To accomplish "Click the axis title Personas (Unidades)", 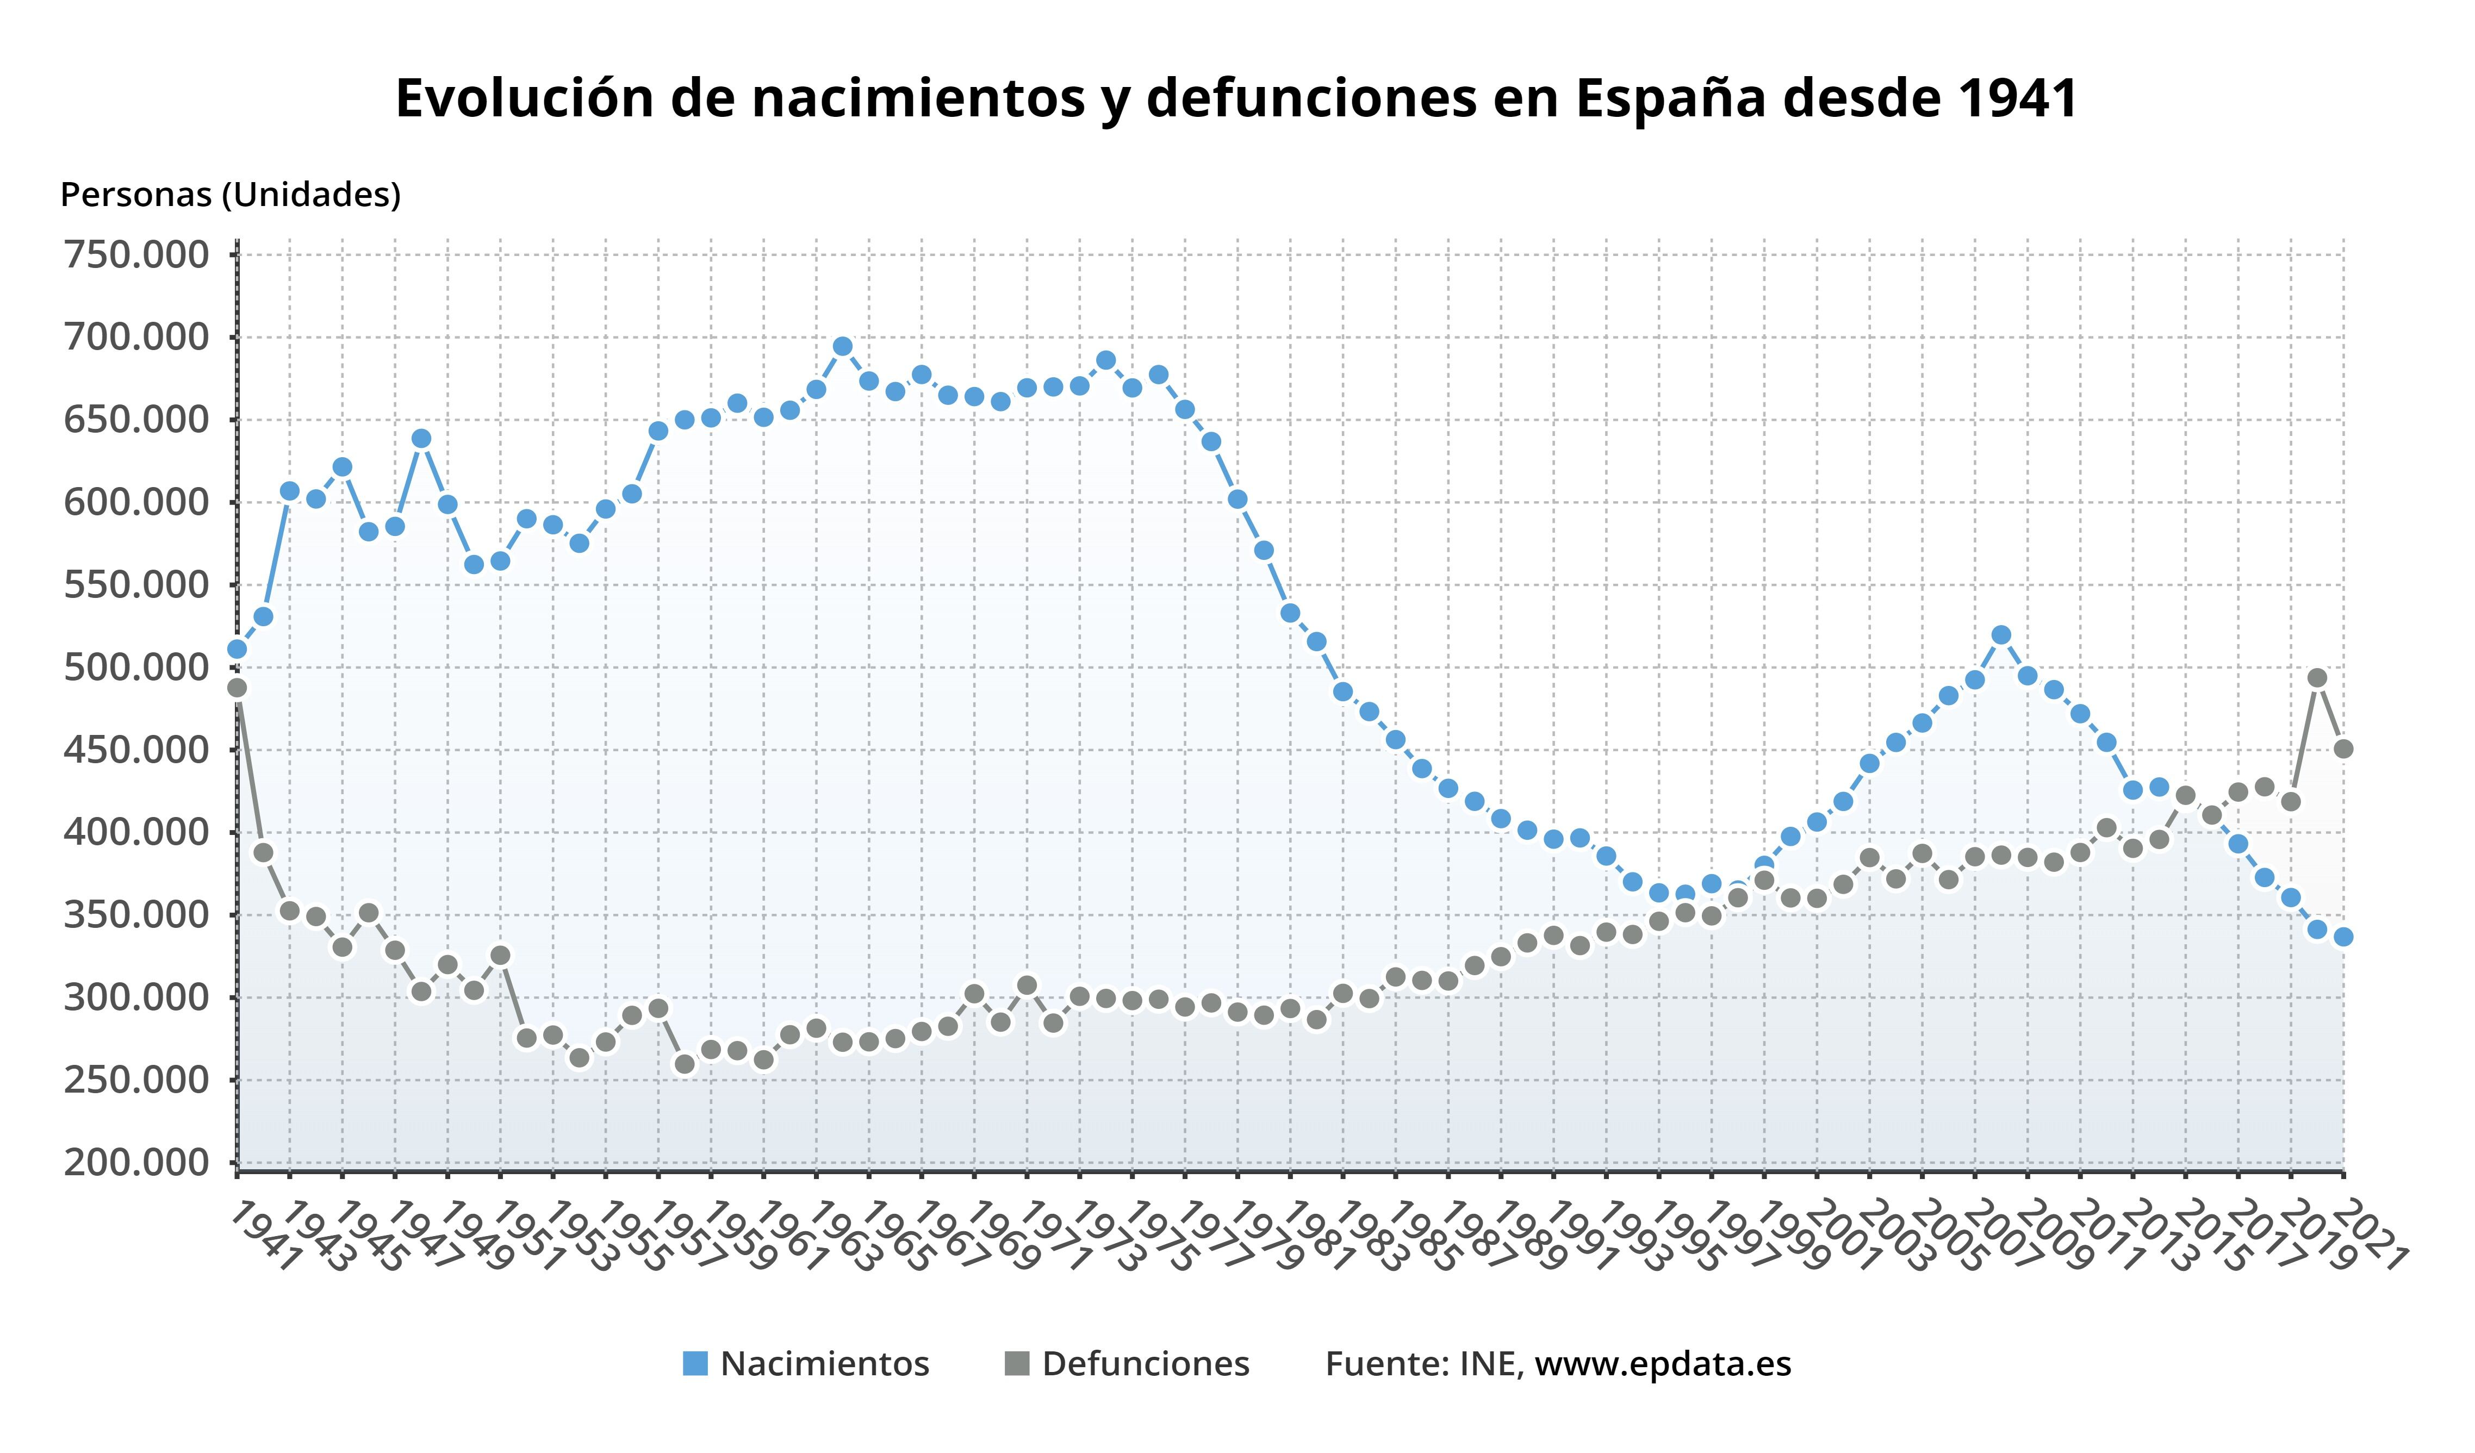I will click(x=231, y=195).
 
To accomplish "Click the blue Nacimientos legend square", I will click(x=695, y=1364).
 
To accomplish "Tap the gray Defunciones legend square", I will click(x=1017, y=1364).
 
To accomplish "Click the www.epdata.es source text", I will click(x=1663, y=1364).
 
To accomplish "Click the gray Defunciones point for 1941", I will click(x=237, y=687).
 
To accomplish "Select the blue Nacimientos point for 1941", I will click(x=237, y=649).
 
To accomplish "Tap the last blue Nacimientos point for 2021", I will click(x=2343, y=937).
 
